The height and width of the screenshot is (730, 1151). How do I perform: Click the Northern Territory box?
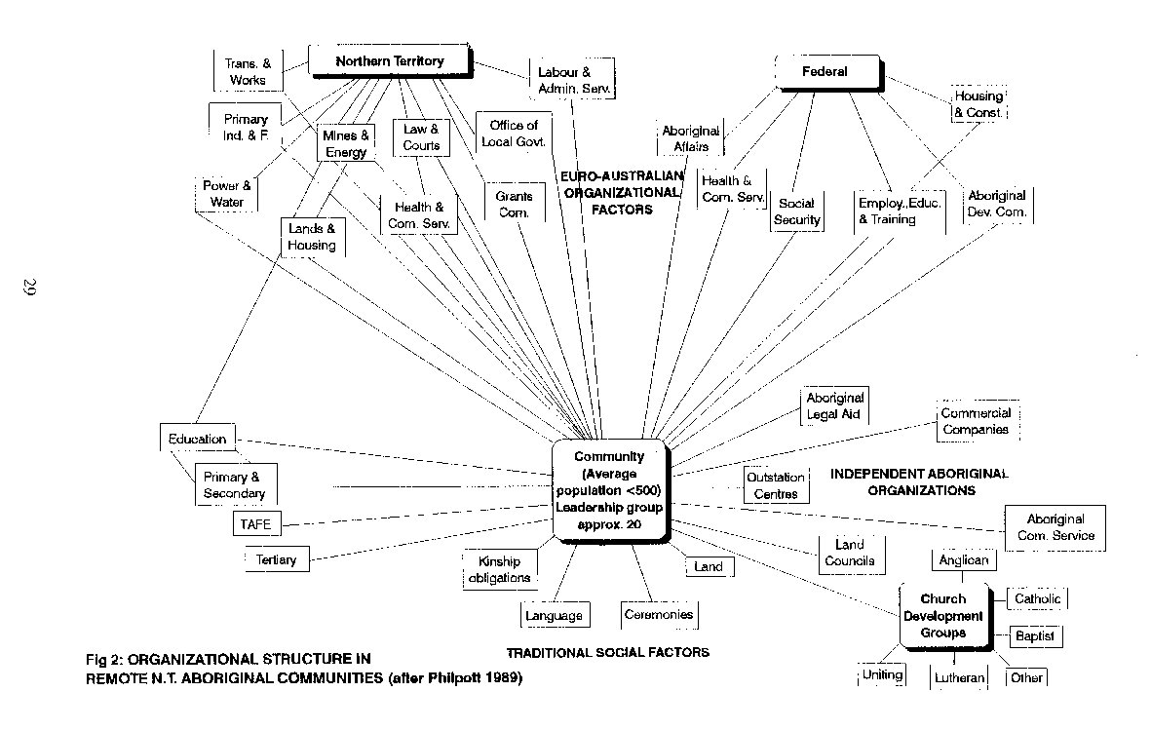point(390,61)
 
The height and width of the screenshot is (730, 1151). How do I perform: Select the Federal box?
point(825,71)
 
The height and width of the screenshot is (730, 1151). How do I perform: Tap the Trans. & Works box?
point(249,71)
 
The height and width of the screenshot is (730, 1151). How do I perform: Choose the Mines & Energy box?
point(346,144)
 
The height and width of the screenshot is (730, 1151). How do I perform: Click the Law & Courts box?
point(421,136)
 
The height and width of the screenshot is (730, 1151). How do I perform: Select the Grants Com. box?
point(513,204)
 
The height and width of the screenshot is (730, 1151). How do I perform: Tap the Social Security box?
point(797,211)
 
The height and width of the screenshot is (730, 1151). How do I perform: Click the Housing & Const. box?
point(978,104)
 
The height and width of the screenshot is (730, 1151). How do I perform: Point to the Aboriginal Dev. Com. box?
point(997,203)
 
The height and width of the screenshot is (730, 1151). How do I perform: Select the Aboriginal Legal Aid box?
point(835,406)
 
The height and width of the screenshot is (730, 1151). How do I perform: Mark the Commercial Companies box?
point(976,421)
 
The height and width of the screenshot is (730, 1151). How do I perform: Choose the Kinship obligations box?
point(501,569)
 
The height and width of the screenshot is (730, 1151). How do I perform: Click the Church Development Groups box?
point(943,615)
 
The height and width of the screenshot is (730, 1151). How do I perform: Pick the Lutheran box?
point(959,676)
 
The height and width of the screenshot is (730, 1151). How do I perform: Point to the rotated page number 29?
point(28,288)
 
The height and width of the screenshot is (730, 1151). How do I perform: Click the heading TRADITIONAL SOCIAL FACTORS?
point(607,652)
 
